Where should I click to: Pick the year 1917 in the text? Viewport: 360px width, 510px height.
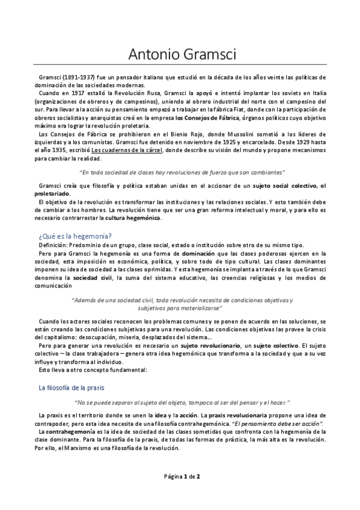(x=71, y=94)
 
